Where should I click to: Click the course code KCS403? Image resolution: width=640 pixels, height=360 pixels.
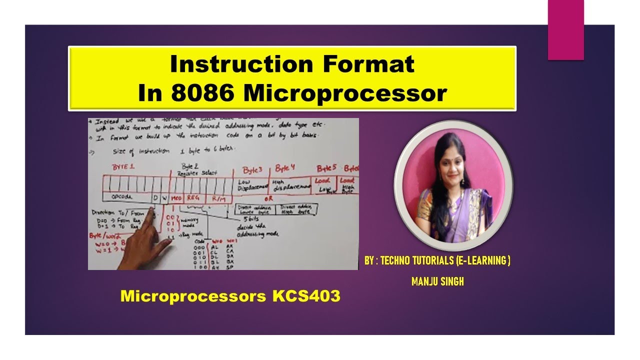click(x=306, y=296)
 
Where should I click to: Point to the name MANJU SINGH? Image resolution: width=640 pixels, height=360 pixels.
click(x=437, y=282)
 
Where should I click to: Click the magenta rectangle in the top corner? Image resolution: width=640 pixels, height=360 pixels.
click(x=565, y=30)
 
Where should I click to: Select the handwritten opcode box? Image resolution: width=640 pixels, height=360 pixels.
click(x=122, y=197)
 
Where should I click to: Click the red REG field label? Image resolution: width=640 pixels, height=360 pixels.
click(x=193, y=197)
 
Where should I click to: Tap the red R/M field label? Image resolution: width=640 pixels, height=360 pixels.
click(x=219, y=198)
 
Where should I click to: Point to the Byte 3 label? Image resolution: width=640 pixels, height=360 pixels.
click(x=252, y=170)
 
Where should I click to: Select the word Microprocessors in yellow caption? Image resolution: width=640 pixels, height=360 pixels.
click(x=193, y=296)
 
